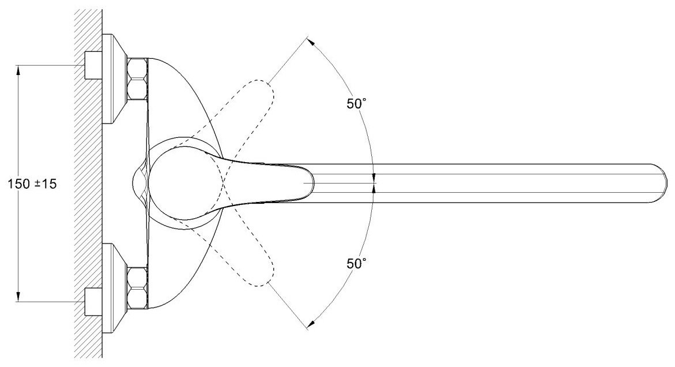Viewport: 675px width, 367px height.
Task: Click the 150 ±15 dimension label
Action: coord(32,184)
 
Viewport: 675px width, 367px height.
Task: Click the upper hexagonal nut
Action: coord(138,79)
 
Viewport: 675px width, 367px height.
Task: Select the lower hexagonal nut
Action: coord(138,288)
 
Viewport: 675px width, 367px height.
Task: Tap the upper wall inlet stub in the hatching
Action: coord(93,65)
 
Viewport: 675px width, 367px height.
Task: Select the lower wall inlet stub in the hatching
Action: coord(93,302)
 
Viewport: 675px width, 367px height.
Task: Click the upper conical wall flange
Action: coord(115,79)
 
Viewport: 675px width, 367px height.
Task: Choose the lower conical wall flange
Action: coord(115,289)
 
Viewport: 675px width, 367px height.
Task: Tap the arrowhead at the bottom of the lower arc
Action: coord(311,324)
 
